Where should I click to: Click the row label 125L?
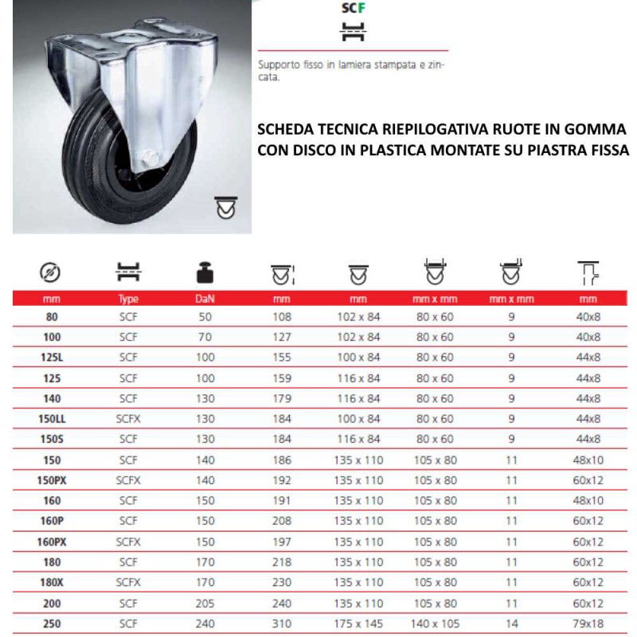point(53,358)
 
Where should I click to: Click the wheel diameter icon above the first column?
point(50,275)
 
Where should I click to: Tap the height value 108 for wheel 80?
point(282,317)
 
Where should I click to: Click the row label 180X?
point(53,582)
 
